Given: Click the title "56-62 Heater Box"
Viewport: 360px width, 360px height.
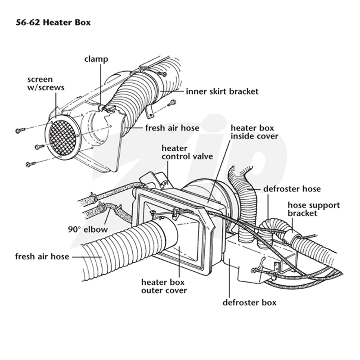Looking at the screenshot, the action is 53,22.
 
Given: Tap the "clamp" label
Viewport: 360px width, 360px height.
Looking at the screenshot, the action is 96,59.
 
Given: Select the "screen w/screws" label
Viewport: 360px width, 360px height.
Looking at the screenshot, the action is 46,84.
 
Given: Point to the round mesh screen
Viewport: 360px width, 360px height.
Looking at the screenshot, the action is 63,137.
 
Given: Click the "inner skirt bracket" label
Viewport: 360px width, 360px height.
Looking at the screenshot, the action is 222,91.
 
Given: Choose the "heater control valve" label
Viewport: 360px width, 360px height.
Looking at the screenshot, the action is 187,153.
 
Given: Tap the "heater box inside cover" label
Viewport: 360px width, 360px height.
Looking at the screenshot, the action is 254,132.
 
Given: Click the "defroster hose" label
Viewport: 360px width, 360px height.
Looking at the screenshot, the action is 292,189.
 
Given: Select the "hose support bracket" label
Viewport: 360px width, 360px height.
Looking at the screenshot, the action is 314,209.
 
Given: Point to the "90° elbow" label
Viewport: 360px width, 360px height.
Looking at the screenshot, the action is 88,229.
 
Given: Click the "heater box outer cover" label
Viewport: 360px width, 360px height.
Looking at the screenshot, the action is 164,286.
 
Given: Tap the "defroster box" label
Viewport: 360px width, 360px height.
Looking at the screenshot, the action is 249,302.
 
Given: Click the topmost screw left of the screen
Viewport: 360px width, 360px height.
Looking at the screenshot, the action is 20,130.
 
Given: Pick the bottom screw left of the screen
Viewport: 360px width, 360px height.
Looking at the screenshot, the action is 31,164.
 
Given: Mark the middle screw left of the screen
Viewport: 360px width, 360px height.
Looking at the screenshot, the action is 40,146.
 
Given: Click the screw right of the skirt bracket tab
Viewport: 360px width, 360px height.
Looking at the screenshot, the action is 171,103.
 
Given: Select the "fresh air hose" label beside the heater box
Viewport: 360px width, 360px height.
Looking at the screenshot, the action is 42,256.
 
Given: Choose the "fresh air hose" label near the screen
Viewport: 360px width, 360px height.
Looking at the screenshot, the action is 172,128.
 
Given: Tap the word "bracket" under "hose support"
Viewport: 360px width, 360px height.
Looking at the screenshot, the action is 302,213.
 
